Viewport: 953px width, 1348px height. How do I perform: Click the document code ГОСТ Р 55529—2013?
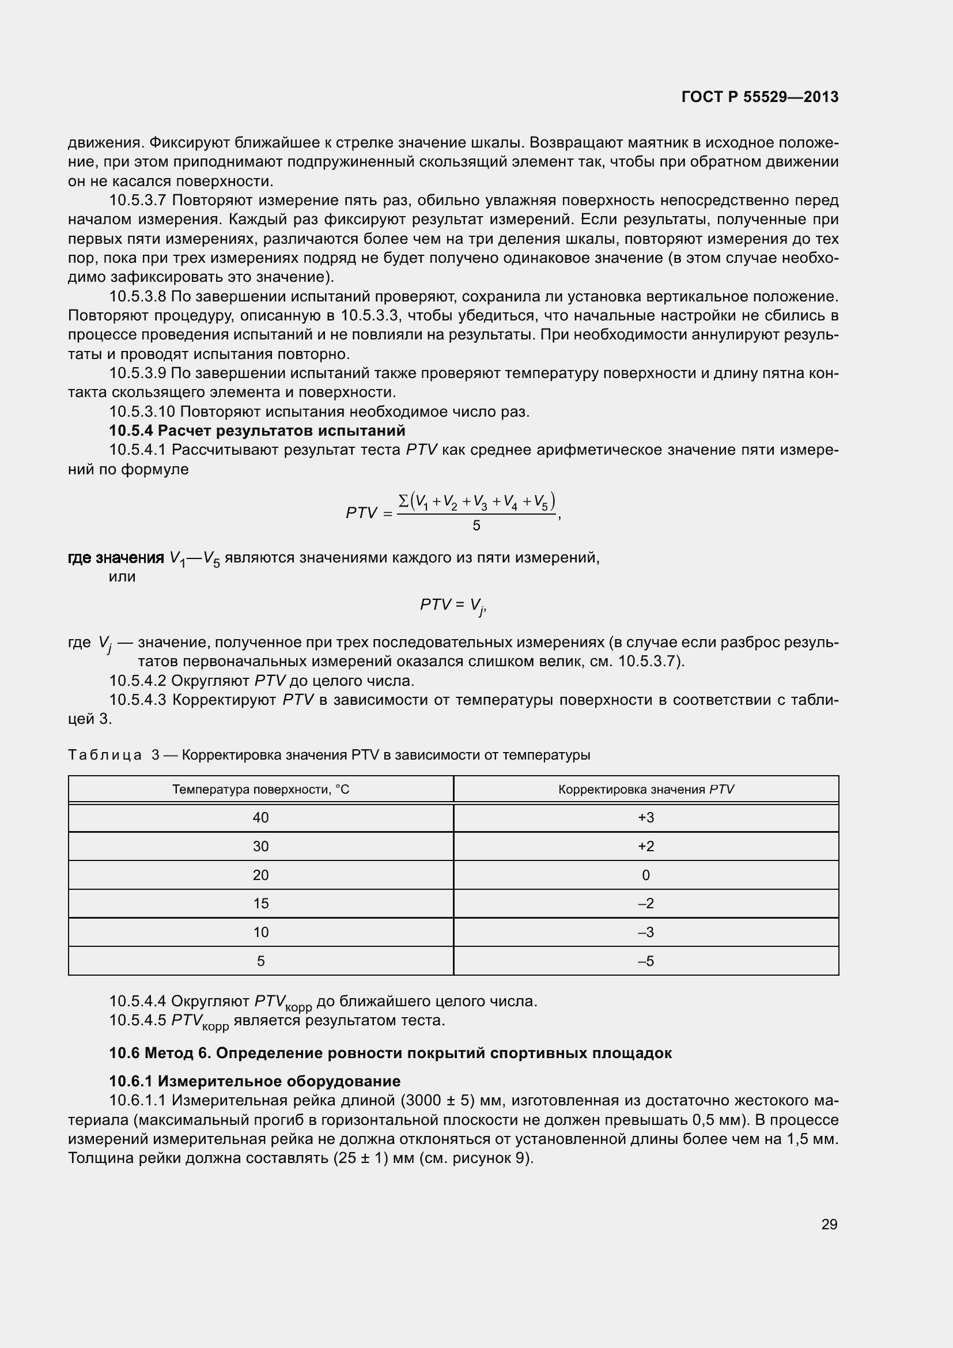(x=760, y=97)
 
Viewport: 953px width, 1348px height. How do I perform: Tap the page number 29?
(x=829, y=1224)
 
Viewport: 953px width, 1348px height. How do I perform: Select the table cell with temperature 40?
(x=260, y=817)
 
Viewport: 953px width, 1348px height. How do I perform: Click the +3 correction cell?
(x=645, y=817)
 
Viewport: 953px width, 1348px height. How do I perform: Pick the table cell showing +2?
(x=645, y=846)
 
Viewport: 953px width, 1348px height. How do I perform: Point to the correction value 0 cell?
(x=645, y=875)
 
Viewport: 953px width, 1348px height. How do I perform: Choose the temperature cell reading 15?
(x=260, y=903)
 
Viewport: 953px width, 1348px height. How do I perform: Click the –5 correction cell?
(x=645, y=961)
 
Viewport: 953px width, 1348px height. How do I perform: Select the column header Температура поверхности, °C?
(x=260, y=789)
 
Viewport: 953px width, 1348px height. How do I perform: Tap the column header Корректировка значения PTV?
(x=645, y=789)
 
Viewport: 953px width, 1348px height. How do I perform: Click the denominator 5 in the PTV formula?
(x=476, y=526)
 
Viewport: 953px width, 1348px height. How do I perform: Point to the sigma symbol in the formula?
(x=403, y=501)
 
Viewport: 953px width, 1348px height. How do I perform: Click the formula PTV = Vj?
(x=452, y=605)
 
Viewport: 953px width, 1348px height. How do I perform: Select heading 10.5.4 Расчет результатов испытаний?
(x=257, y=431)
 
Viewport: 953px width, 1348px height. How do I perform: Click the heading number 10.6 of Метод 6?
(x=124, y=1053)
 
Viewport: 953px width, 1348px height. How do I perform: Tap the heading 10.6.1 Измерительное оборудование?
(x=255, y=1081)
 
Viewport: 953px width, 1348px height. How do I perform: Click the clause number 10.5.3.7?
(x=138, y=200)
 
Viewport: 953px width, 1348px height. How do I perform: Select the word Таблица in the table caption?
(x=104, y=755)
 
